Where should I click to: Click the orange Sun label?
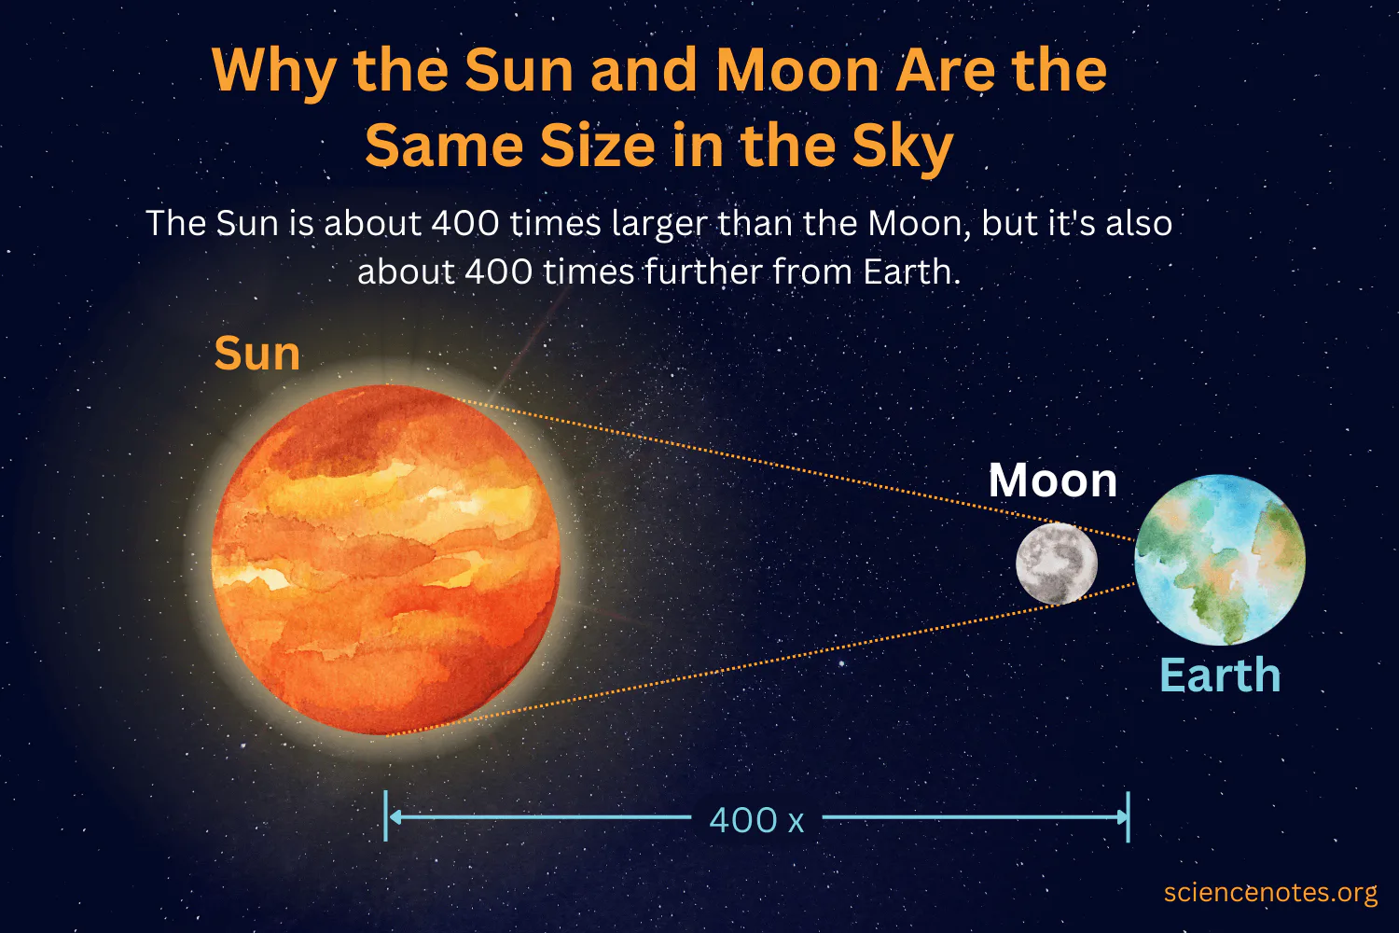click(257, 354)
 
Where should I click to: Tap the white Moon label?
click(1052, 480)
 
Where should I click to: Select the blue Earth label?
click(1220, 675)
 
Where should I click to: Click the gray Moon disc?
click(1057, 564)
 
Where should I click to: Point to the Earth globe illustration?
click(1220, 560)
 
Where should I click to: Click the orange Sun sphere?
click(386, 560)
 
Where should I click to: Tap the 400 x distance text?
click(756, 820)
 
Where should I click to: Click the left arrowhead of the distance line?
click(394, 817)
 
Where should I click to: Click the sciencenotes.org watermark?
click(1270, 893)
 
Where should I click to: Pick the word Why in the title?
click(273, 71)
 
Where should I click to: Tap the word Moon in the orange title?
click(797, 71)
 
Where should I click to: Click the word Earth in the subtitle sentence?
click(910, 272)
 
